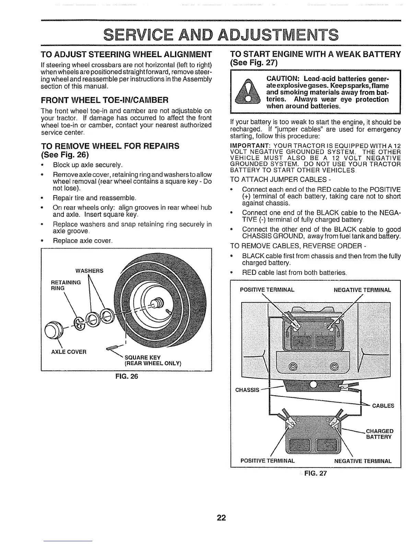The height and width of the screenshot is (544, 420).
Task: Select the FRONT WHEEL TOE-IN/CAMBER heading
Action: coord(104,101)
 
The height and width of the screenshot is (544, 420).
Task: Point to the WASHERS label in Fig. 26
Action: coord(89,271)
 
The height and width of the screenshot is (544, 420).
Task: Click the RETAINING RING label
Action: coord(65,285)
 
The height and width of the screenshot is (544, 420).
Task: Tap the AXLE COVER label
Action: coord(69,352)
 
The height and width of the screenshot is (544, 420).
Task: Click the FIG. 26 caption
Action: coord(126,376)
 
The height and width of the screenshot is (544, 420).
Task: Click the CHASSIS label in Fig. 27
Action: coord(247,390)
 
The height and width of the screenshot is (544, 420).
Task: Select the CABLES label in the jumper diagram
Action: coord(383,406)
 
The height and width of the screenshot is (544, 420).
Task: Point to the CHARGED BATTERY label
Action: coord(380,434)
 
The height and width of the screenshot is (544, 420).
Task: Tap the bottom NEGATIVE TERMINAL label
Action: coord(363,461)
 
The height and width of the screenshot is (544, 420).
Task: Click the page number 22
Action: coord(221,518)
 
